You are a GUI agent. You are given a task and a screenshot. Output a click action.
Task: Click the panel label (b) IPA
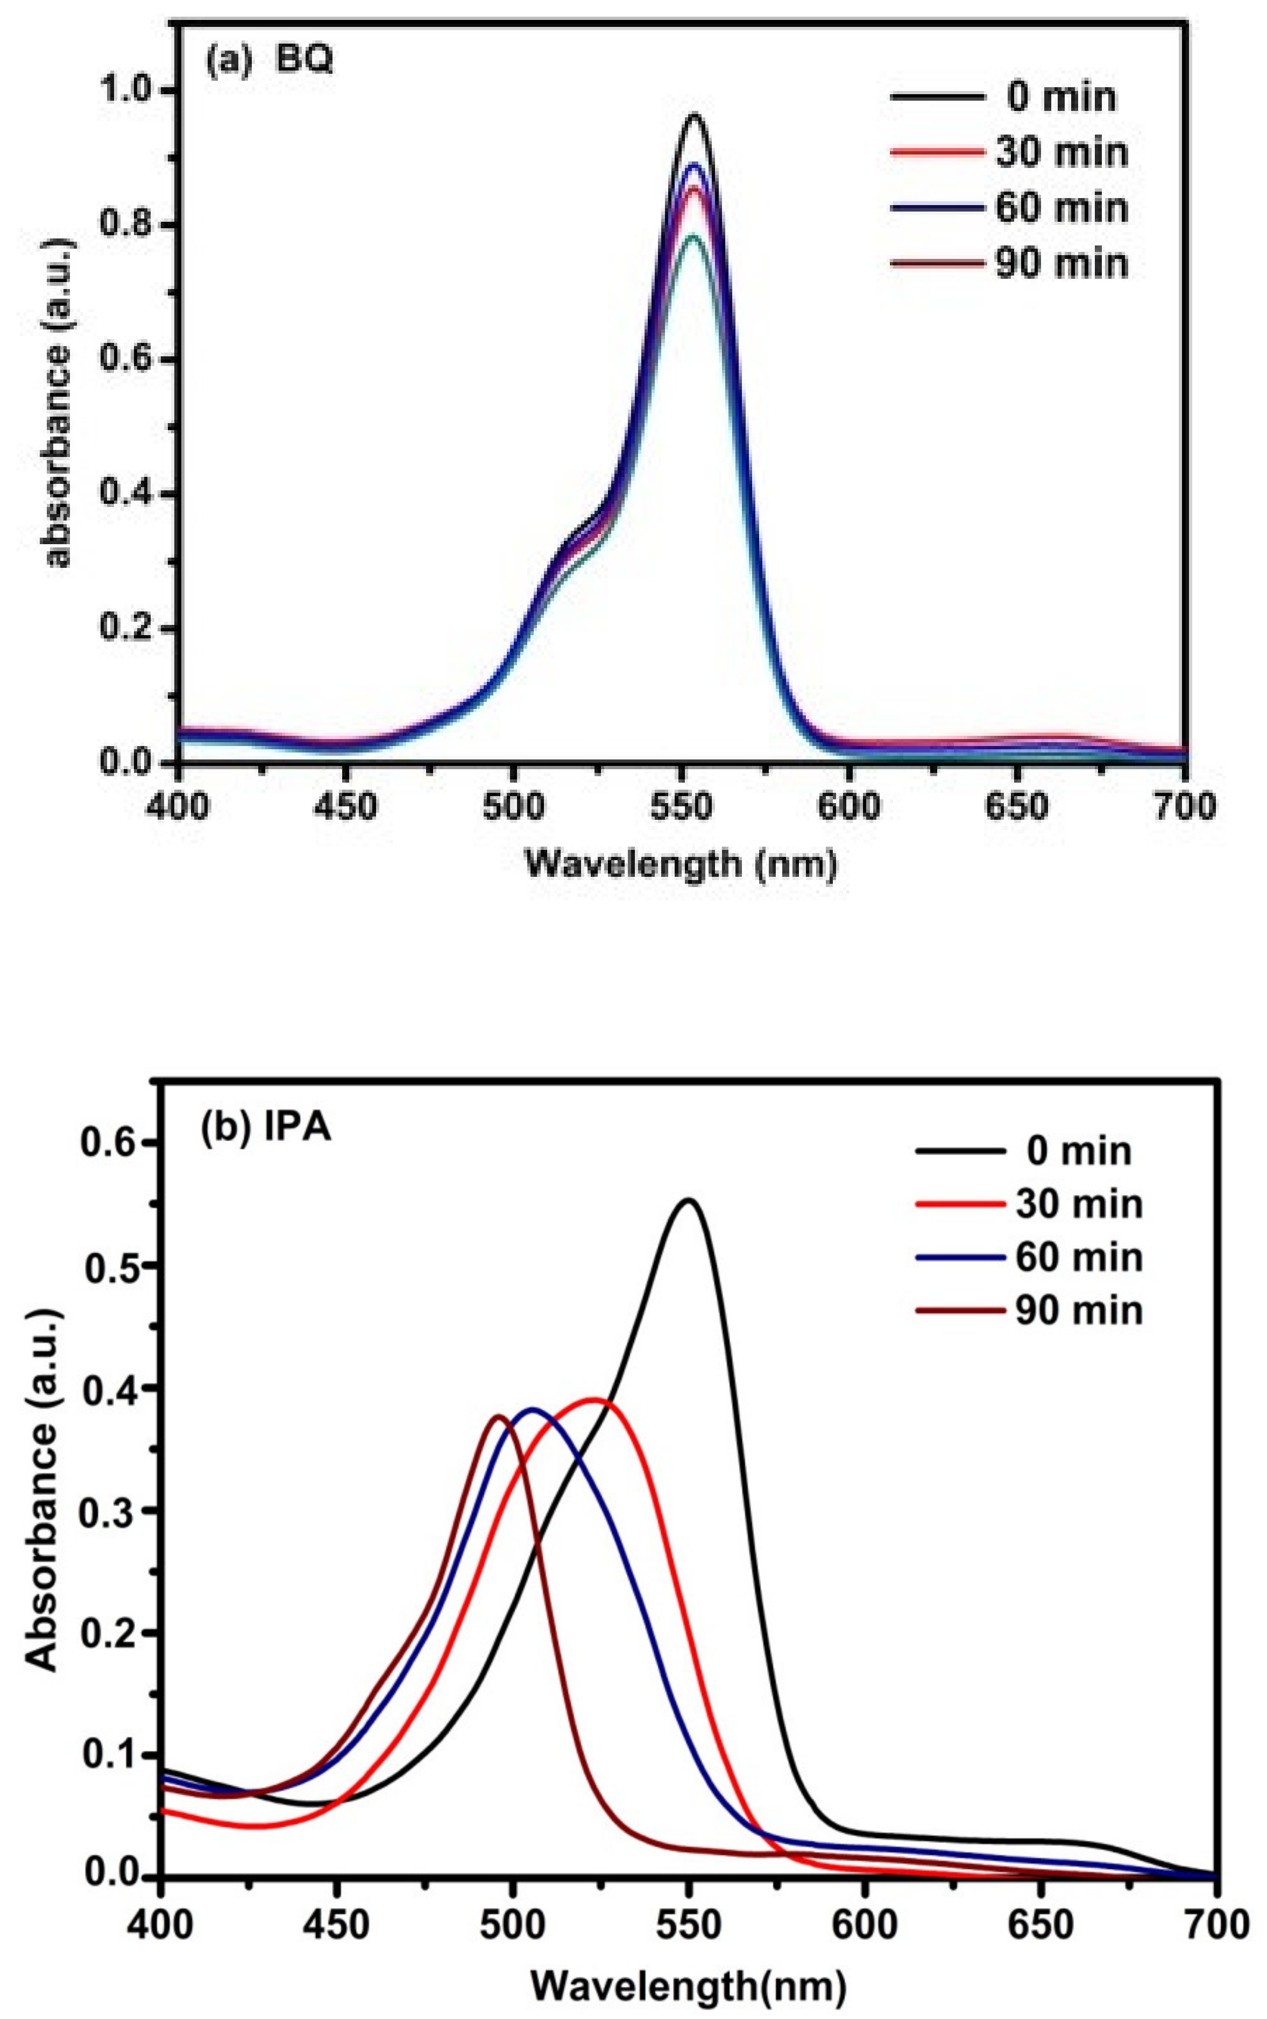pos(266,1128)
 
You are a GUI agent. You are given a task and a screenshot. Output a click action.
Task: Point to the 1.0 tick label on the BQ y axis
pos(126,90)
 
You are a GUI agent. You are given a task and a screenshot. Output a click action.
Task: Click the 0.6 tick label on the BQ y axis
pos(126,360)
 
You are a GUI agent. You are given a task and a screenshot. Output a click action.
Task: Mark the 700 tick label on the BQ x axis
pos(1185,806)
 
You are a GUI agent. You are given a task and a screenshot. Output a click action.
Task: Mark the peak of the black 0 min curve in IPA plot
pos(689,1200)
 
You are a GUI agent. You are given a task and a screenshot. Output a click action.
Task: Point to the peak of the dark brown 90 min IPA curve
pos(499,1416)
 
